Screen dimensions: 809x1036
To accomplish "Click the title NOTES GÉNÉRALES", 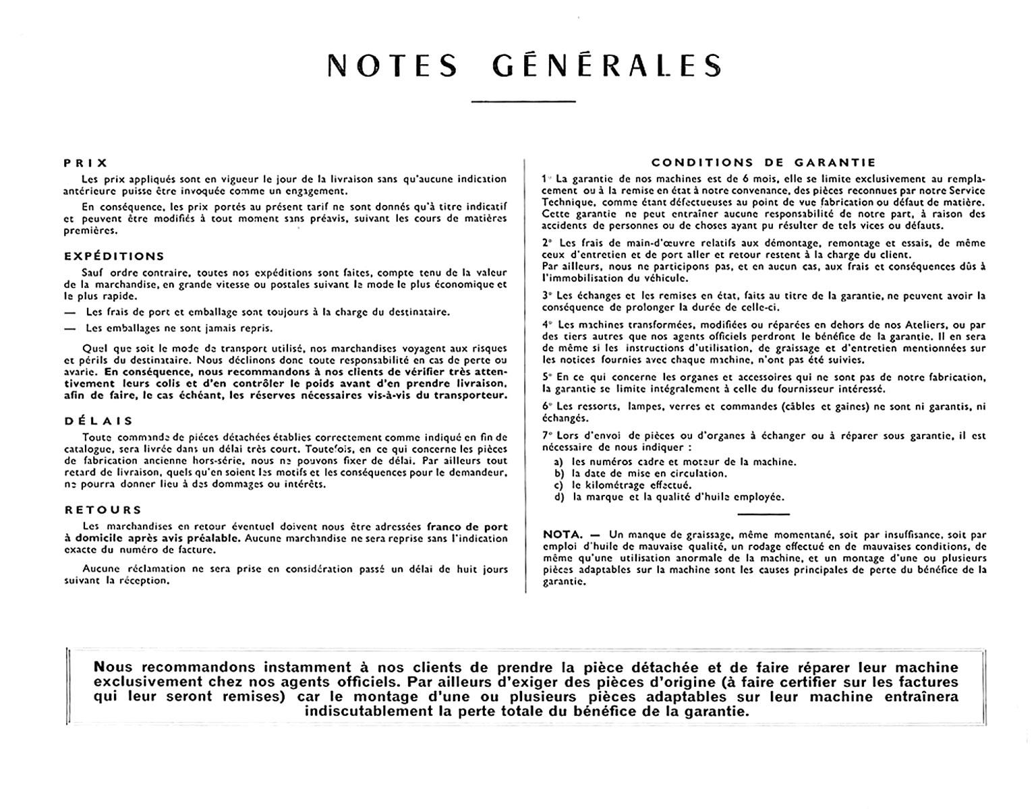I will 524,65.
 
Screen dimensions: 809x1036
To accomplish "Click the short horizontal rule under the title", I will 523,102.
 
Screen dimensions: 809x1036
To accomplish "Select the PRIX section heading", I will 86,162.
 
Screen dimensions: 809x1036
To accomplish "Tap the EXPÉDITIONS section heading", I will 114,256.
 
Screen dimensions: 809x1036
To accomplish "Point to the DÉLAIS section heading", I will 99,421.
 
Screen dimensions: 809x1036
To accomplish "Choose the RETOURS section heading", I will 103,510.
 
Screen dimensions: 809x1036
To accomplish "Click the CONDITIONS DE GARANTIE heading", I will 764,162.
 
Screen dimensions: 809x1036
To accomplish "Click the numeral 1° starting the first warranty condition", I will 547,179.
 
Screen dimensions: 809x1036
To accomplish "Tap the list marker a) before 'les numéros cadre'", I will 558,462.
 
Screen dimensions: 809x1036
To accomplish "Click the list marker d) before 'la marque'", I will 558,497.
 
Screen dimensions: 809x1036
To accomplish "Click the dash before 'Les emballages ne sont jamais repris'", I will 69,329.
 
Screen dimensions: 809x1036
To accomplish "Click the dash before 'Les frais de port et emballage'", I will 69,312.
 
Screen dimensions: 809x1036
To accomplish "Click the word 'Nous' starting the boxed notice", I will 114,667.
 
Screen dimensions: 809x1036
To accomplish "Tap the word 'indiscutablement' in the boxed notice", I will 365,711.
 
